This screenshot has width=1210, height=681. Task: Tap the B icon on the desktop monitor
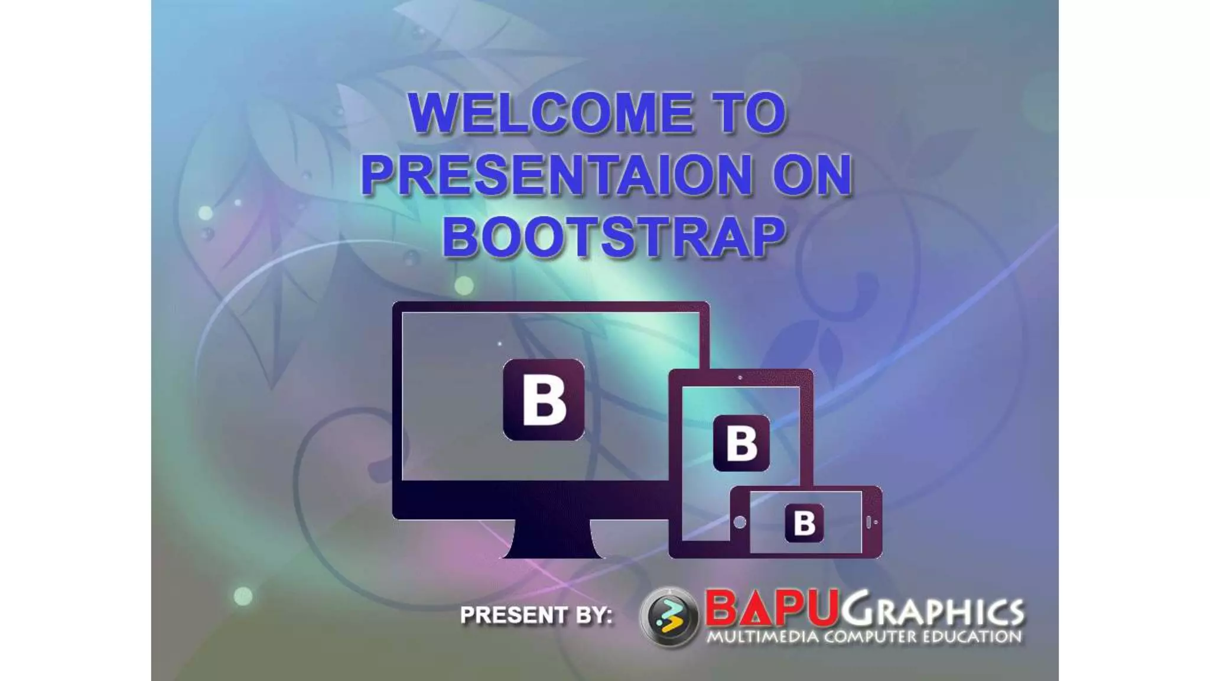pyautogui.click(x=544, y=400)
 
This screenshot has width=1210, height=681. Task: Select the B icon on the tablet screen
pyautogui.click(x=741, y=443)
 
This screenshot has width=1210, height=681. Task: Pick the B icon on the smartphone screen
pyautogui.click(x=804, y=523)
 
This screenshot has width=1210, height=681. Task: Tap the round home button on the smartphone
pyautogui.click(x=740, y=522)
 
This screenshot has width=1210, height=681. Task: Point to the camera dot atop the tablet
pyautogui.click(x=740, y=377)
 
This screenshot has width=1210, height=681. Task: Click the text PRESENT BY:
pyautogui.click(x=536, y=615)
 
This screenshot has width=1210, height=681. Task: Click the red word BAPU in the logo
pyautogui.click(x=771, y=608)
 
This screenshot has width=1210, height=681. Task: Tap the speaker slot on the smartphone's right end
pyautogui.click(x=869, y=523)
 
